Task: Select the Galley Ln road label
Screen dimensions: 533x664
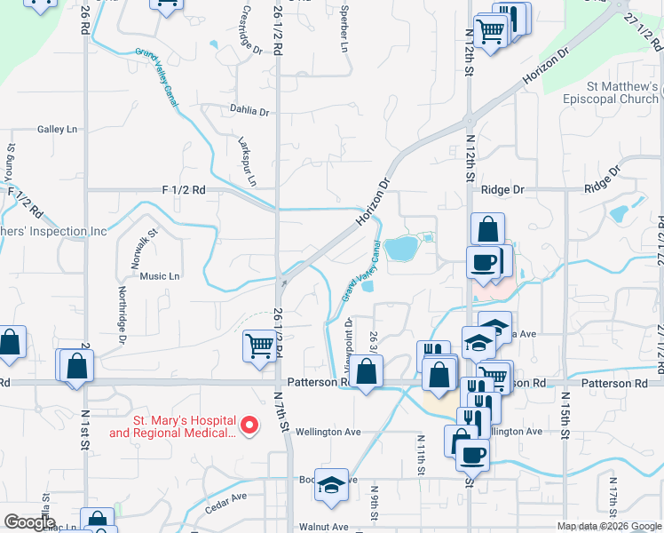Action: point(58,130)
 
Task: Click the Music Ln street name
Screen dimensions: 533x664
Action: point(160,276)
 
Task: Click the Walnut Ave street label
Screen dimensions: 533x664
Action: point(323,527)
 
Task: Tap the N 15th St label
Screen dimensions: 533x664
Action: point(564,421)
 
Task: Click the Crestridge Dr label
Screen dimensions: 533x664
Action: point(251,30)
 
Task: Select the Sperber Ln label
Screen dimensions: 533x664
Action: point(344,30)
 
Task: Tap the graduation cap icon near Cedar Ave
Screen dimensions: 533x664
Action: point(332,485)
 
